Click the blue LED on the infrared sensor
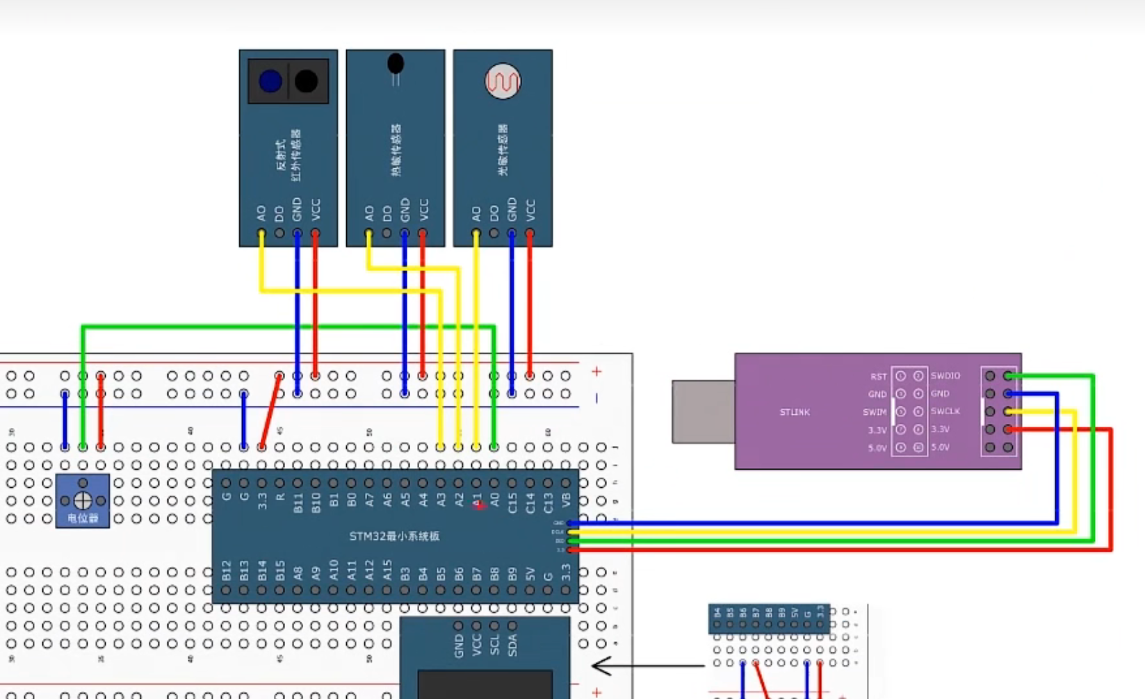[270, 81]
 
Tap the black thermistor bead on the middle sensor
[396, 64]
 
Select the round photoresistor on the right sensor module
[503, 82]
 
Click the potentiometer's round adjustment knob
[83, 500]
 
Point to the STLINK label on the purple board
[795, 412]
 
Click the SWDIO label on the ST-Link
[945, 376]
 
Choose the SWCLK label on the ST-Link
[945, 411]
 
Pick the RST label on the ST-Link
[879, 377]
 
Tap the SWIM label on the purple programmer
[875, 412]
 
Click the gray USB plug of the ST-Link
[703, 411]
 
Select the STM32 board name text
[394, 536]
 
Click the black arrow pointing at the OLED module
[647, 666]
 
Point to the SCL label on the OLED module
[494, 645]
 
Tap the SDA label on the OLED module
[512, 645]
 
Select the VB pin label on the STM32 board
[566, 500]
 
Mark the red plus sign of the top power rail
[596, 372]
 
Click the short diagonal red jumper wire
[270, 411]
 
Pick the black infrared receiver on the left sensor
[307, 81]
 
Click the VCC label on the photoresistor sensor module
[530, 208]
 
